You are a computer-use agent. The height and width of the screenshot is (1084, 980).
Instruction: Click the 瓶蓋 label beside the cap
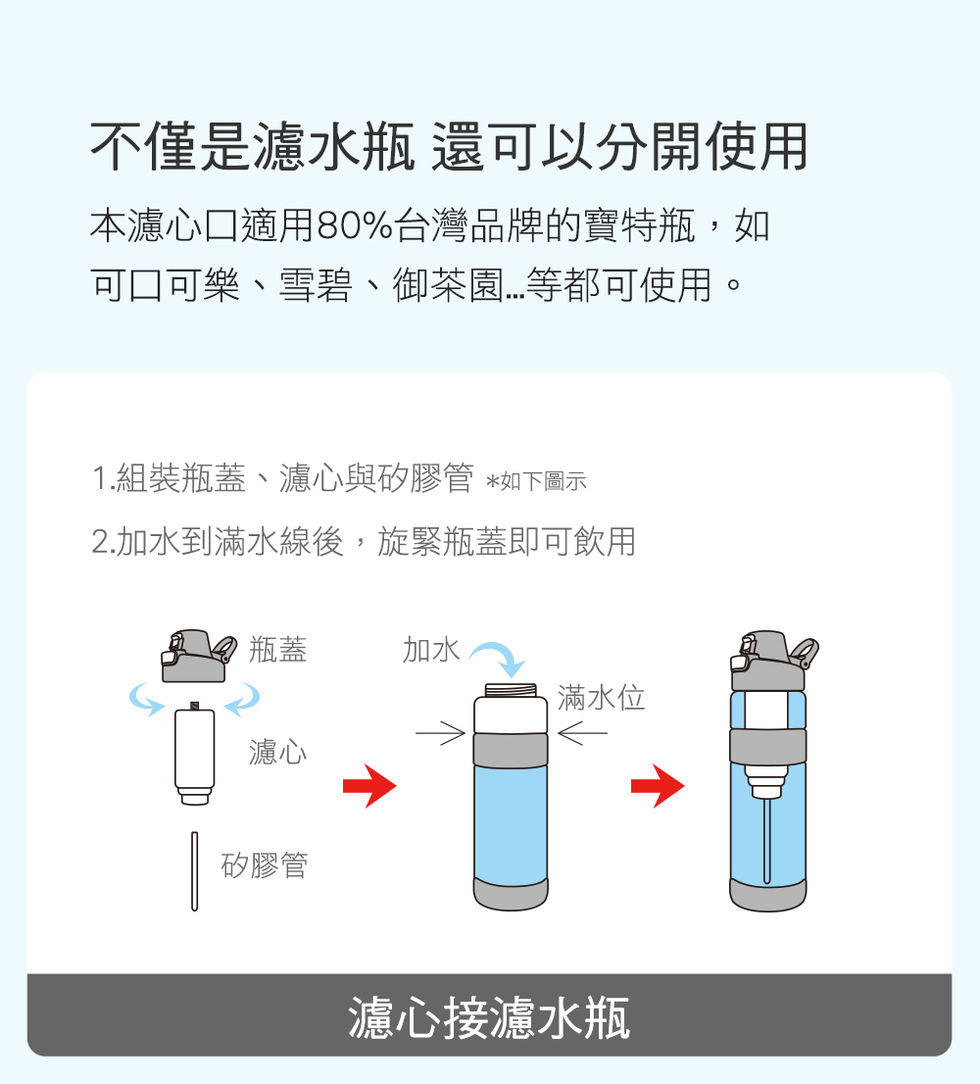277,650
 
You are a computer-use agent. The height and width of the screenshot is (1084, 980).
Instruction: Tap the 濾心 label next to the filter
277,752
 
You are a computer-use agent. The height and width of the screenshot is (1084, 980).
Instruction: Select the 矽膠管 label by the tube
265,864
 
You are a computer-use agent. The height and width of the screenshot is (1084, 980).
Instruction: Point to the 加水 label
431,650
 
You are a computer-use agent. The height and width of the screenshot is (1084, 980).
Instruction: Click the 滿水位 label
602,698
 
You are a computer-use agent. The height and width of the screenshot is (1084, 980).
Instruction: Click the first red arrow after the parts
369,786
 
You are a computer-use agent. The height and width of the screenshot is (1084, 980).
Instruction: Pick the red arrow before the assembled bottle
658,786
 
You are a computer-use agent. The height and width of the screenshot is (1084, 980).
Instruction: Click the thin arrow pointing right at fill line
440,733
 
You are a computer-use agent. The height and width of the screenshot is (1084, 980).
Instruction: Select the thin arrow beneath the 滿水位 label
582,733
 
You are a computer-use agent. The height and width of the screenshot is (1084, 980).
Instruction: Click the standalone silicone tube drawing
195,871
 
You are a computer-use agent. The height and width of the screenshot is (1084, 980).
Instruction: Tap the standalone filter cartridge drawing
195,754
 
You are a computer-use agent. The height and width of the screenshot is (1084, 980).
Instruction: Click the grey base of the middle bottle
511,895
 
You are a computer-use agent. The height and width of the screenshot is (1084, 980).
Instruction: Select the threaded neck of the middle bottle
511,690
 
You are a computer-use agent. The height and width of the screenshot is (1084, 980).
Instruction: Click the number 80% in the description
355,226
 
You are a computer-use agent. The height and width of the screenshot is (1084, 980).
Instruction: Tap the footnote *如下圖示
537,480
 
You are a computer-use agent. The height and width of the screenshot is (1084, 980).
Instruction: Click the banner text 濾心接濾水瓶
489,1017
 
